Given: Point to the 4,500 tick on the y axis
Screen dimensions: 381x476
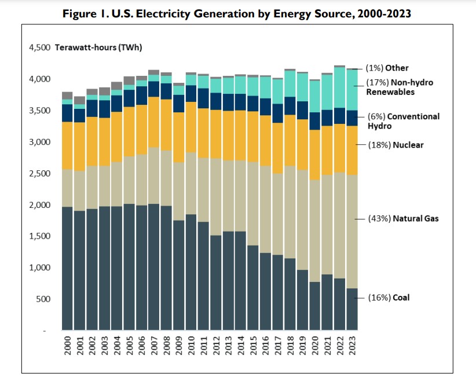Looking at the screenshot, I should point(39,47).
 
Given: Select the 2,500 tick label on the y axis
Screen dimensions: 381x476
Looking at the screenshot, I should point(39,173).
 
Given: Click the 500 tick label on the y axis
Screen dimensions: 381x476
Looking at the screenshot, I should point(43,299).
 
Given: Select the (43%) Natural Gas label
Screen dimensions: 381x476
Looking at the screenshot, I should point(403,218).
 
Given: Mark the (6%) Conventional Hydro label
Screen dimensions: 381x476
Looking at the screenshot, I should point(403,120).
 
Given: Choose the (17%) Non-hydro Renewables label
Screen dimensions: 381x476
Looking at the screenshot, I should point(400,87).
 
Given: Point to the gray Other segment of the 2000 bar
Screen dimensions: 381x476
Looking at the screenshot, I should point(67,96).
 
